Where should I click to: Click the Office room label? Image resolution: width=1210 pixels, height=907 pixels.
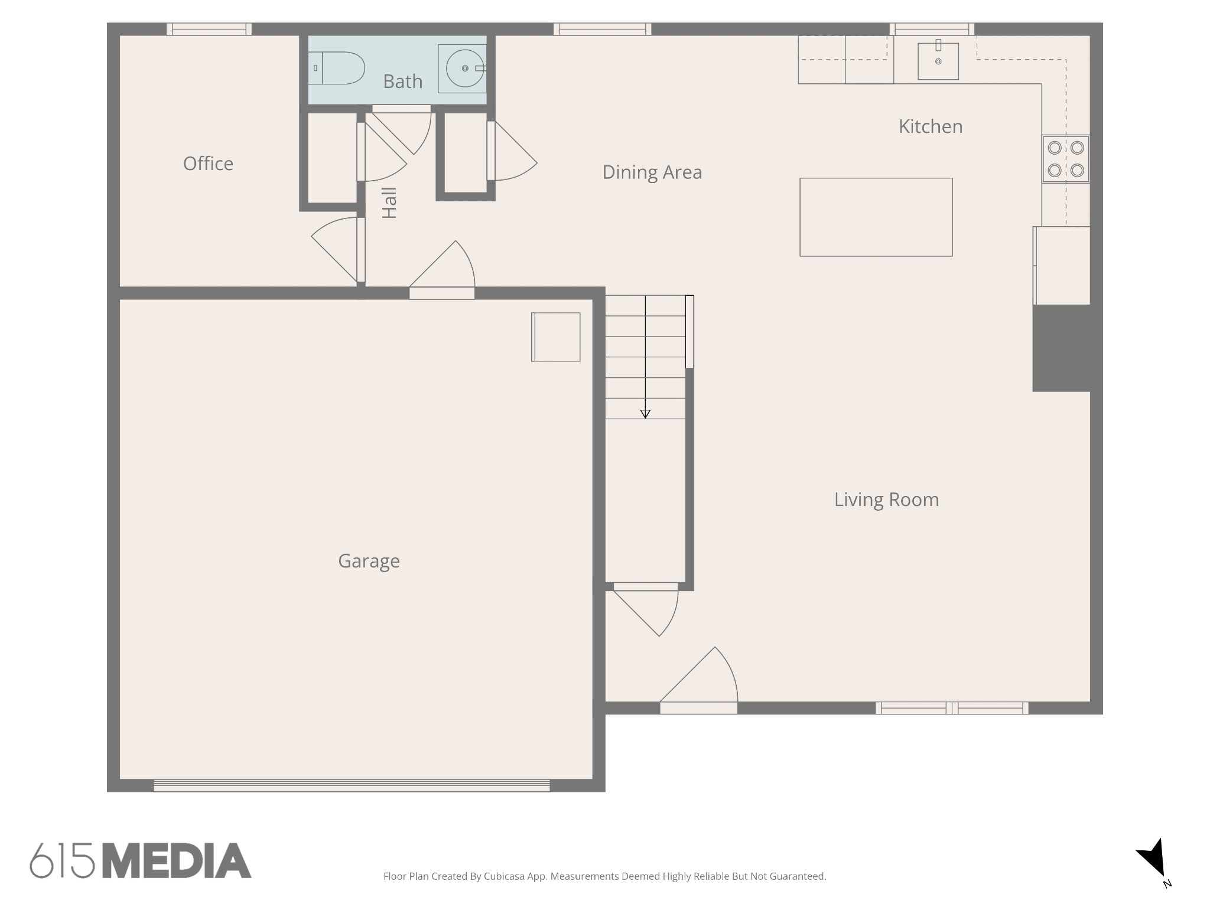208,164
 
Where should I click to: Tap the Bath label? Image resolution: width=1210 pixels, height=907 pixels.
402,81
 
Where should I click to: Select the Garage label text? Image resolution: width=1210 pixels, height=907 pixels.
369,561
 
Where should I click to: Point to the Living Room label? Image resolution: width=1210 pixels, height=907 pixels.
886,500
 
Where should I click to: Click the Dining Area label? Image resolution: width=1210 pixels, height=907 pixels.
652,172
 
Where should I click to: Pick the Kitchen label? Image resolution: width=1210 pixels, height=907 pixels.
931,126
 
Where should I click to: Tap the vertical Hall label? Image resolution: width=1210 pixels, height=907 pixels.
389,203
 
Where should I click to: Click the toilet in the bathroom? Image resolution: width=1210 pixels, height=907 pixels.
336,68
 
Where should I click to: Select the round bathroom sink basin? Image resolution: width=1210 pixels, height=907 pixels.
465,68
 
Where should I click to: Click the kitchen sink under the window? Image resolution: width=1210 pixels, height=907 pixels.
938,61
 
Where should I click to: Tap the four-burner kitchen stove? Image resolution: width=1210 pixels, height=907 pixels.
1066,159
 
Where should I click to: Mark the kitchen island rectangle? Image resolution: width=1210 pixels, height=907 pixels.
876,217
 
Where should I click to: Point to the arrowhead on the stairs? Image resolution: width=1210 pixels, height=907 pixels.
645,414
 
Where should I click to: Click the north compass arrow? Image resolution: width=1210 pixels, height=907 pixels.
1153,860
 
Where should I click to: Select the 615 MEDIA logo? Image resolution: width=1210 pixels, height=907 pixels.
141,860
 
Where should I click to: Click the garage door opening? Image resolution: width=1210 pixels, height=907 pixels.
352,785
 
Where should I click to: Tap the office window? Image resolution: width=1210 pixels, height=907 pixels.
209,29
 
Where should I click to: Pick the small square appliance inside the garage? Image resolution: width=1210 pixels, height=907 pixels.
555,337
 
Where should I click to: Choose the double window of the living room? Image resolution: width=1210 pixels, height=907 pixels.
952,708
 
